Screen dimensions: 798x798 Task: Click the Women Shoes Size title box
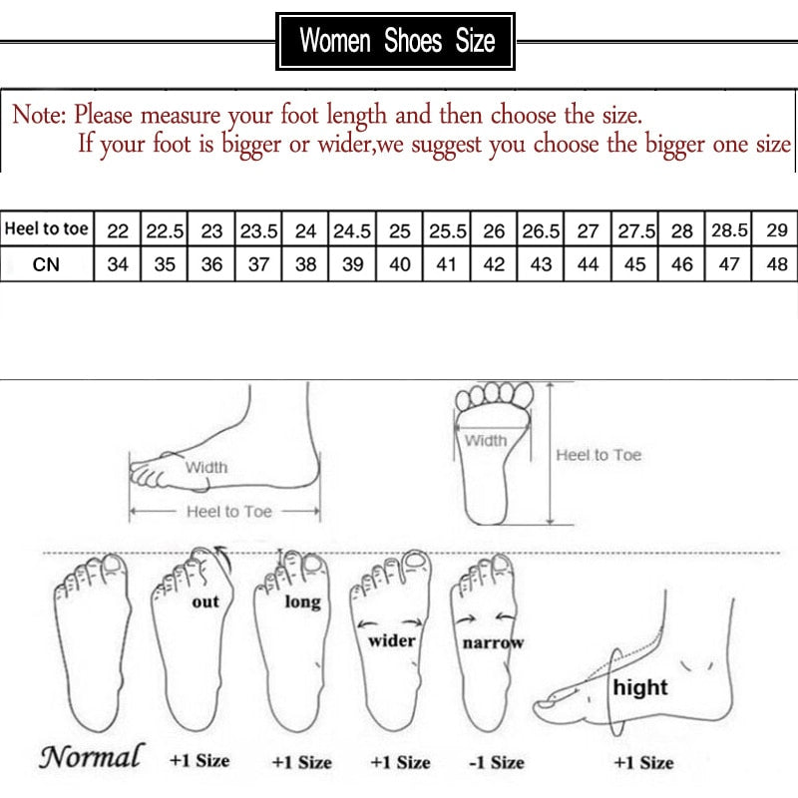click(x=396, y=42)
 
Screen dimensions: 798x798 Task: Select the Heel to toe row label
click(x=47, y=229)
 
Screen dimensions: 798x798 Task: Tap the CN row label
click(x=47, y=265)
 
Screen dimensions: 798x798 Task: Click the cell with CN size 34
click(x=118, y=265)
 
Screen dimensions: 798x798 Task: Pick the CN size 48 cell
click(x=777, y=265)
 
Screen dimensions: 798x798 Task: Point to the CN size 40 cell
click(x=400, y=265)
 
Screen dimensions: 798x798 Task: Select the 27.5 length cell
click(x=635, y=230)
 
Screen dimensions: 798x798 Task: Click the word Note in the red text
click(x=38, y=114)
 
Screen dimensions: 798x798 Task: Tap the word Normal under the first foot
click(x=91, y=757)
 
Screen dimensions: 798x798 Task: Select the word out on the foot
click(x=204, y=601)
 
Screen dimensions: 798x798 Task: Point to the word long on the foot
click(x=302, y=601)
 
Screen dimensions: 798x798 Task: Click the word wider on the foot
click(x=392, y=640)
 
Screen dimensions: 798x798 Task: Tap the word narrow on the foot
click(x=493, y=643)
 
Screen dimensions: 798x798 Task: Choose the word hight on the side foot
click(x=640, y=687)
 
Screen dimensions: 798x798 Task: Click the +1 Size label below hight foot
click(x=643, y=762)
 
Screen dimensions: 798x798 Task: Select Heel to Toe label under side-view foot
click(x=228, y=511)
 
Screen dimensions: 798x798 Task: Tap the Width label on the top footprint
click(x=486, y=440)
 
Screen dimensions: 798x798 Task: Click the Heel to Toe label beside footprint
click(x=598, y=455)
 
